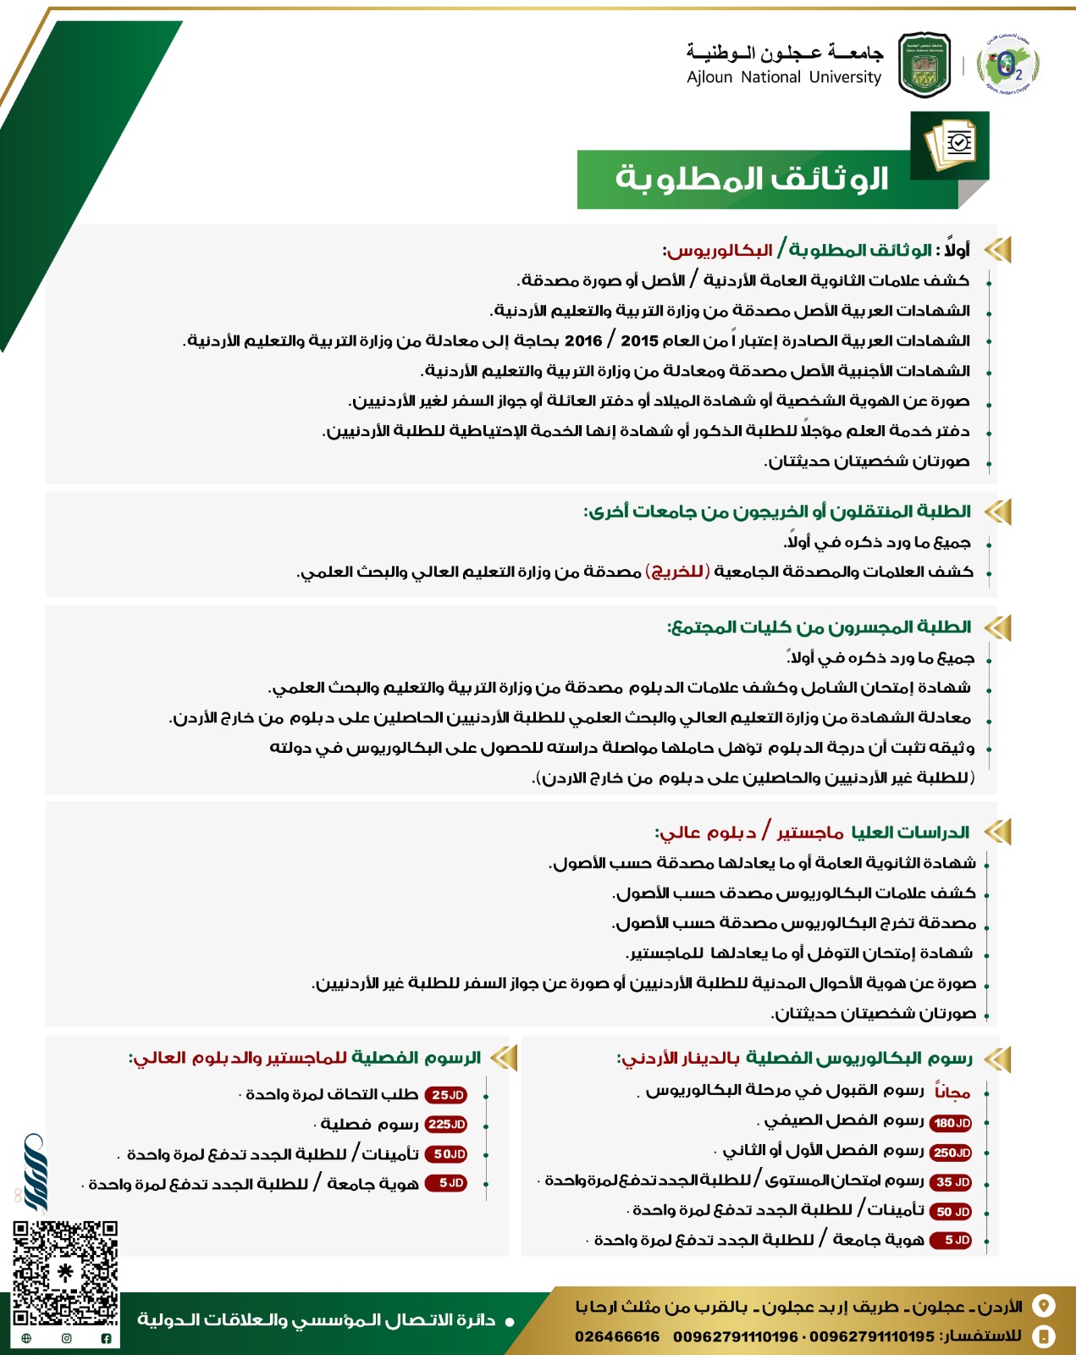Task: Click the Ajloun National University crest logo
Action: (924, 65)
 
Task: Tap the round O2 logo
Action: (1007, 64)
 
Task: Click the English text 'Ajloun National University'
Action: (784, 77)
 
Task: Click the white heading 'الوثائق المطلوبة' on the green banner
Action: (752, 179)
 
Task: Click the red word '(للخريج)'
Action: (677, 572)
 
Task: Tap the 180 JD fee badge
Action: (951, 1123)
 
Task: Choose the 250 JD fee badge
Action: (951, 1153)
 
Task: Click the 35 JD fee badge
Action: (951, 1182)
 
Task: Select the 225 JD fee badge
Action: (446, 1125)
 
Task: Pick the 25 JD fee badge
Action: (446, 1095)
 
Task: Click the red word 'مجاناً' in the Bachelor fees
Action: (952, 1092)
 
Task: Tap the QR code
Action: (65, 1273)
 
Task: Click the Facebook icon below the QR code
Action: (106, 1338)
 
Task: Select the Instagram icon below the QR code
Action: (66, 1338)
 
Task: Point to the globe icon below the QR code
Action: (26, 1338)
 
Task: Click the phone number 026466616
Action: (616, 1336)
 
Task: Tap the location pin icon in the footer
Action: (1045, 1306)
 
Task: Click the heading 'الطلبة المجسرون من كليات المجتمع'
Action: (819, 628)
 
